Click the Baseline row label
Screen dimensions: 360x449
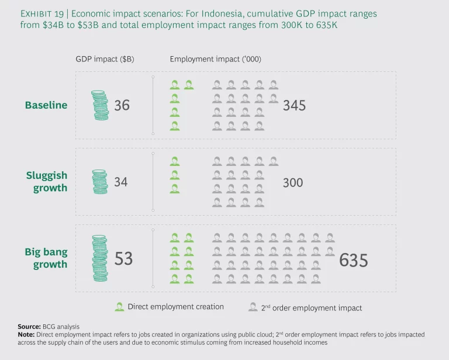click(x=46, y=105)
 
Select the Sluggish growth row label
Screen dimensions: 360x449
click(x=46, y=182)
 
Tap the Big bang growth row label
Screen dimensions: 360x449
click(x=46, y=258)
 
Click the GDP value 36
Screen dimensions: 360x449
click(x=122, y=105)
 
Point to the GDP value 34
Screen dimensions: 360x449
click(x=120, y=182)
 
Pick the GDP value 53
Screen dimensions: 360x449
click(x=123, y=258)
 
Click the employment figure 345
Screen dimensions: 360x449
click(x=294, y=106)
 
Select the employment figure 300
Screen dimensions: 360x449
click(x=293, y=182)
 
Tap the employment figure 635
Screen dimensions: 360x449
click(x=354, y=259)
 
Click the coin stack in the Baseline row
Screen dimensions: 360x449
click(x=101, y=105)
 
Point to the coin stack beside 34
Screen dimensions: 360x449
click(x=100, y=182)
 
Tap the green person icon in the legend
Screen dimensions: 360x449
click(x=120, y=307)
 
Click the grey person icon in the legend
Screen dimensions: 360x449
click(x=253, y=307)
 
